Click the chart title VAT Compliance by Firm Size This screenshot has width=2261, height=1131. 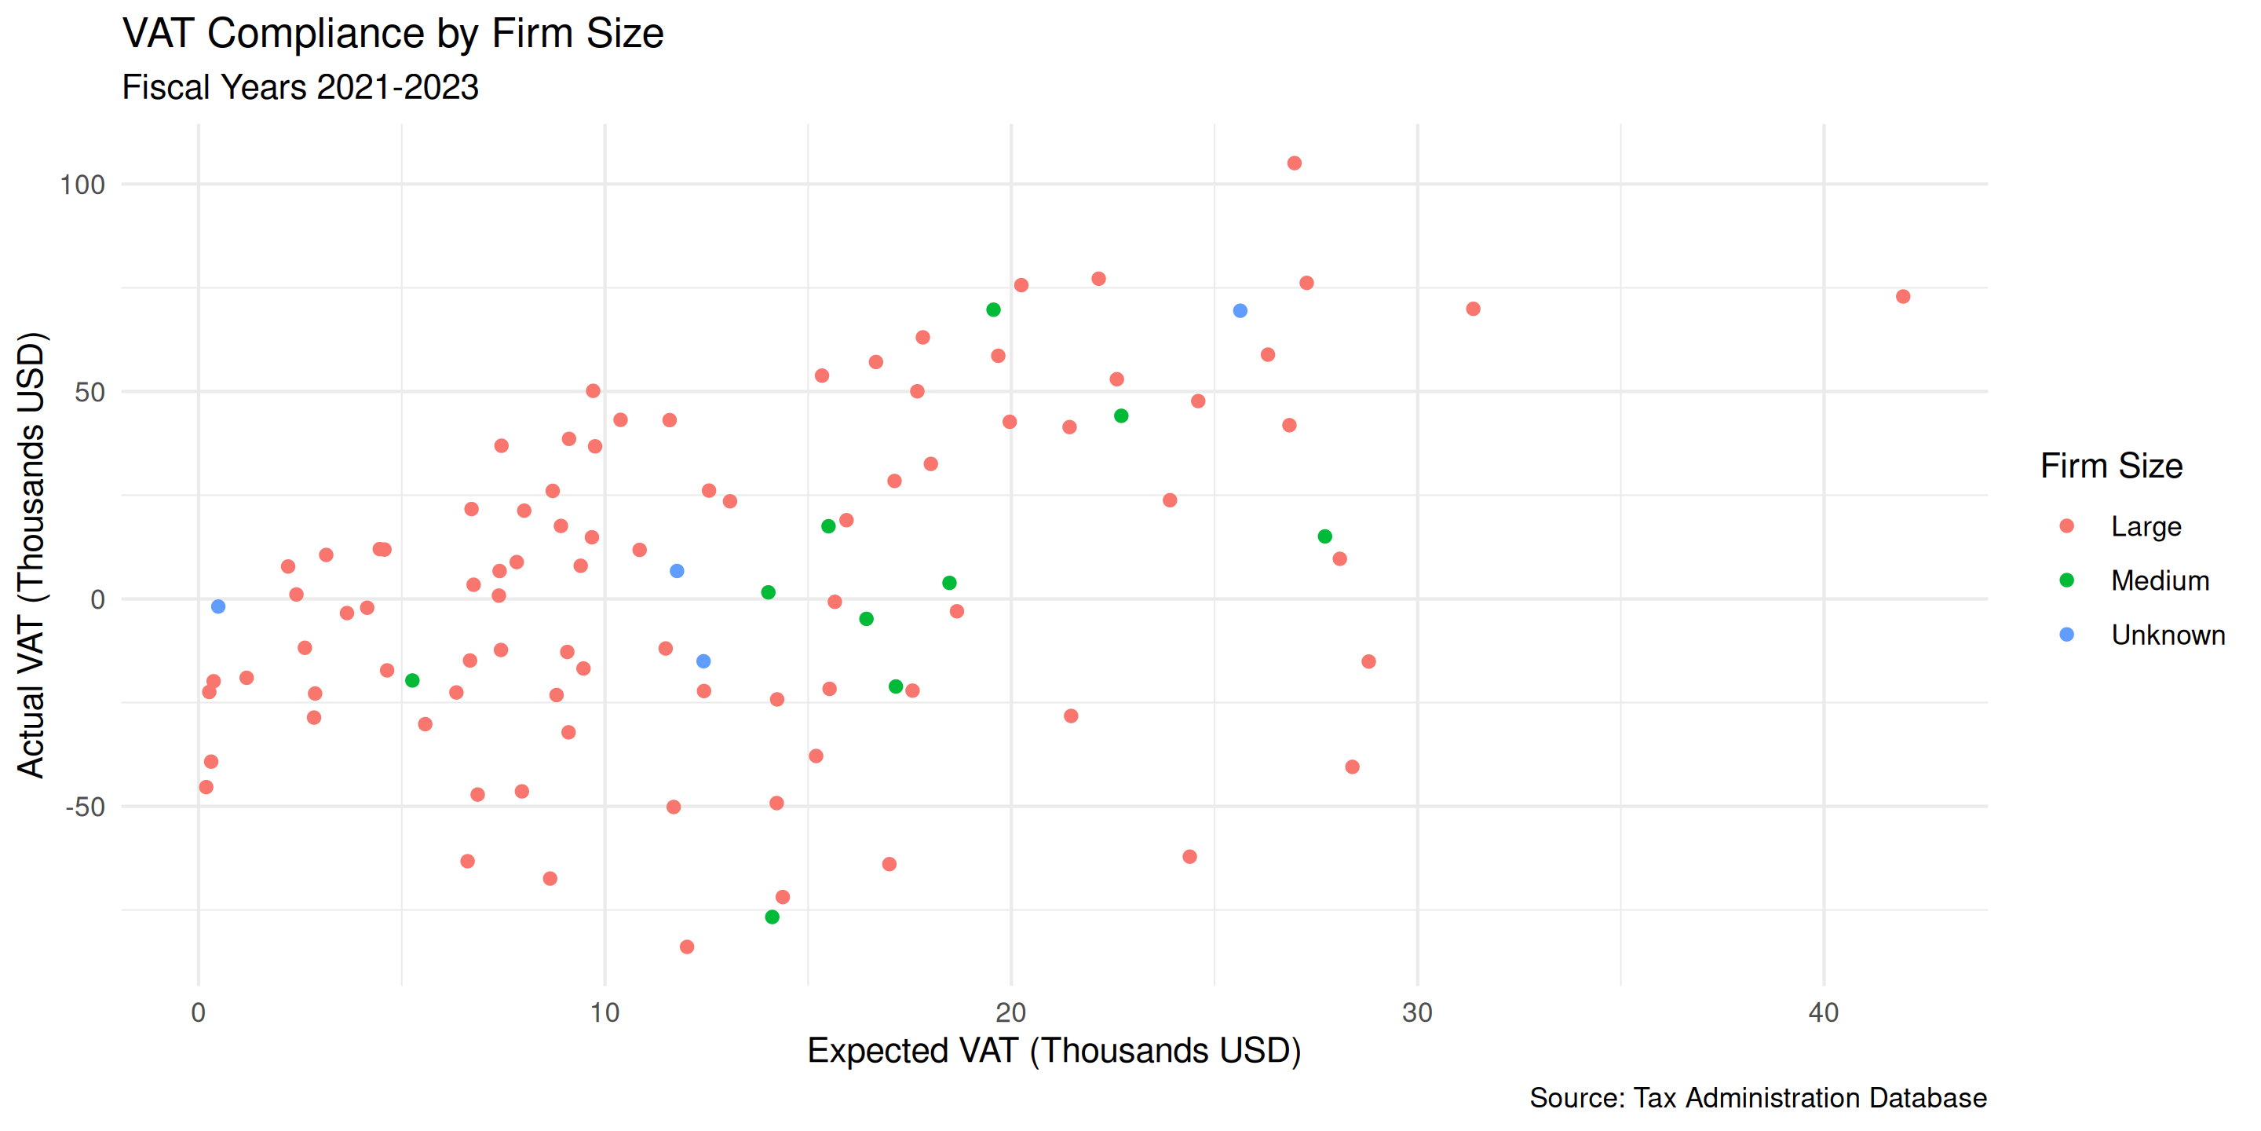tap(393, 35)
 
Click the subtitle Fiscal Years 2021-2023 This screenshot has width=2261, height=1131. tap(300, 88)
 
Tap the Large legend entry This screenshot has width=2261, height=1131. tap(2145, 526)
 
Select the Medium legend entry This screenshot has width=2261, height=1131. tap(2159, 580)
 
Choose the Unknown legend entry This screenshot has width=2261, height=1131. tap(2167, 635)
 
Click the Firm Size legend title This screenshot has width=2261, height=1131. tap(2111, 466)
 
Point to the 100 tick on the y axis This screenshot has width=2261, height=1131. tap(82, 185)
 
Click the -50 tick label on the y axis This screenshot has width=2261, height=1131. tap(85, 807)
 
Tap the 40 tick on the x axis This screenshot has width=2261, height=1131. tap(1823, 1013)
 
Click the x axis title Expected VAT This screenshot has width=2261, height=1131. tap(1054, 1051)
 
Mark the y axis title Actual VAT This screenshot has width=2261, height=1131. tap(31, 555)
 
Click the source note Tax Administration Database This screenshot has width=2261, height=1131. tap(1757, 1098)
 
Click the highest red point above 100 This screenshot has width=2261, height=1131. tap(1294, 163)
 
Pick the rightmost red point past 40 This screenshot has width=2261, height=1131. tap(1903, 297)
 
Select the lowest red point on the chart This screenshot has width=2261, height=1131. tap(687, 946)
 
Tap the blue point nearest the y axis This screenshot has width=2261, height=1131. tap(218, 607)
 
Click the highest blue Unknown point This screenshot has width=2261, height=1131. tap(1240, 311)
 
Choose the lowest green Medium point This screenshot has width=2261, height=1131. tap(773, 917)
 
